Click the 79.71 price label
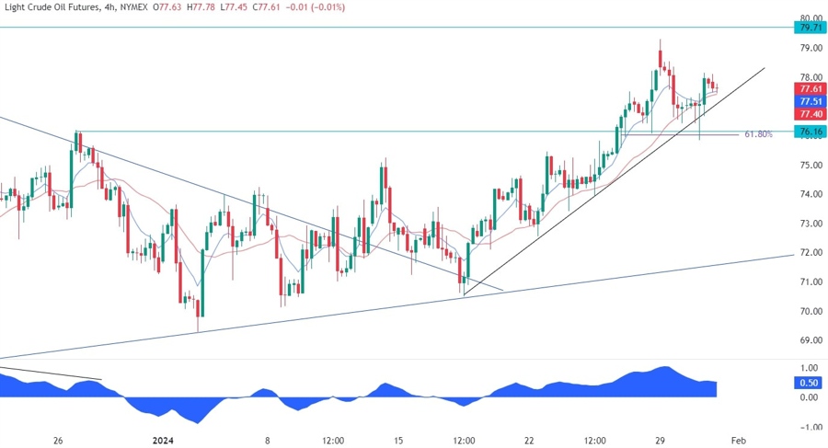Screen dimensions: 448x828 tap(811, 29)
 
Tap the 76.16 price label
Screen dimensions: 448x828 tap(811, 132)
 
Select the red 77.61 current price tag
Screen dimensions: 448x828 tap(811, 88)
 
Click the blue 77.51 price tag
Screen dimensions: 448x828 tap(811, 100)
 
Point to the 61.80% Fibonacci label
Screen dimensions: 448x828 tap(758, 134)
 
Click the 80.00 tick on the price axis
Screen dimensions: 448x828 tap(811, 18)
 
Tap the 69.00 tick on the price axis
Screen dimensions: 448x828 tap(811, 340)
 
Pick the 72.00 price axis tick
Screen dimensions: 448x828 tap(811, 252)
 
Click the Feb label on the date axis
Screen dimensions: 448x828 tap(738, 440)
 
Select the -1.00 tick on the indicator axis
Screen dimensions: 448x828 tap(809, 427)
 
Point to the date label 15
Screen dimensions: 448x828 tap(397, 440)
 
